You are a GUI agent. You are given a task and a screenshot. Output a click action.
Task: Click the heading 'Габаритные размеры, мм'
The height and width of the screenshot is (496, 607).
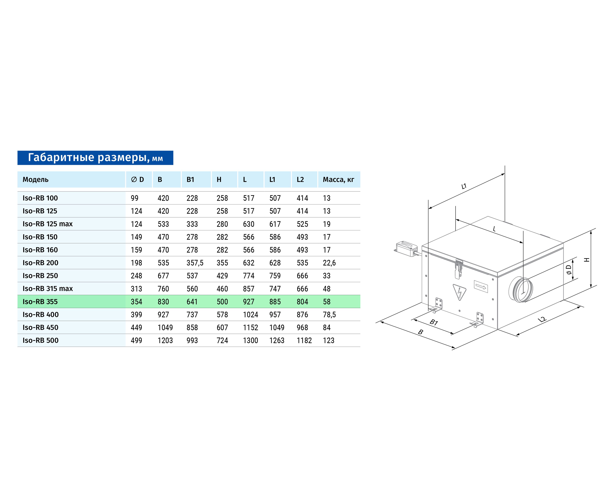[x=95, y=158]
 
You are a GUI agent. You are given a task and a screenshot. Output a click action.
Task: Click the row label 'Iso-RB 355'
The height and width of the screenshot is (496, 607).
[x=40, y=302]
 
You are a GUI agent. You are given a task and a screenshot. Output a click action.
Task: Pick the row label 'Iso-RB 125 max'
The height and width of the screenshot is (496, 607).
[x=48, y=224]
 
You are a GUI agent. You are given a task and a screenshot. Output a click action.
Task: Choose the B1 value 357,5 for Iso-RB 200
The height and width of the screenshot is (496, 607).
[x=195, y=263]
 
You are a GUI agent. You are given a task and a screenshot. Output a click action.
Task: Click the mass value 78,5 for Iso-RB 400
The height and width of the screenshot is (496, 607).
[x=329, y=315]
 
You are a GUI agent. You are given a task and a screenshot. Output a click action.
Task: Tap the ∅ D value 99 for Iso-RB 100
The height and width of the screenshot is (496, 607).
[x=134, y=198]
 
